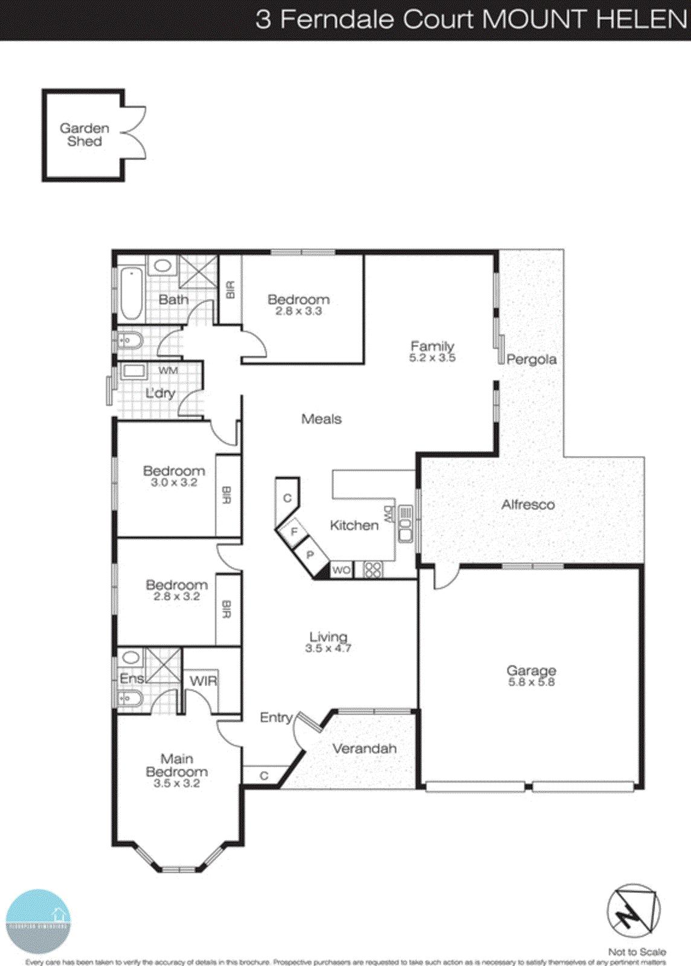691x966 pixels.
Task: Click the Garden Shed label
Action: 85,135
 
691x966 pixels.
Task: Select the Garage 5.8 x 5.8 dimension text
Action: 531,682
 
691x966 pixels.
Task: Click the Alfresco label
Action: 528,505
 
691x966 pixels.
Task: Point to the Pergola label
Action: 532,359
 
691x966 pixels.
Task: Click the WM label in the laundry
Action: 168,370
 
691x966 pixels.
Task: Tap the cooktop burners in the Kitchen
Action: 373,570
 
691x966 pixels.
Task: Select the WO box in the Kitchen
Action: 341,570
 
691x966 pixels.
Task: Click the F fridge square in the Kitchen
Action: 294,532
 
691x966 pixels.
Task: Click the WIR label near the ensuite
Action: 203,681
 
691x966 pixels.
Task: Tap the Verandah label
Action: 365,749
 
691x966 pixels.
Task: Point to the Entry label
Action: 276,717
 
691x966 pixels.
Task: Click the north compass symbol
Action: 633,912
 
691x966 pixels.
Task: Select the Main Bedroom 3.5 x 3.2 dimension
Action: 176,784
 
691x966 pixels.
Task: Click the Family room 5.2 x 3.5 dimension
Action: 432,357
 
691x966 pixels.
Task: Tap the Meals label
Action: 321,419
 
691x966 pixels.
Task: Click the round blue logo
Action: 38,921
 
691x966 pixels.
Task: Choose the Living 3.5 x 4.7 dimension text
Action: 328,648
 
